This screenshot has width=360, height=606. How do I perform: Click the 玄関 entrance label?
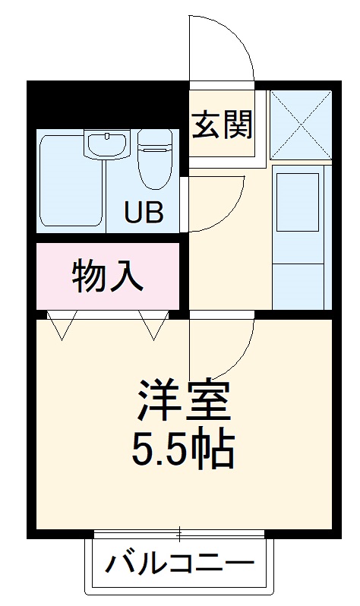tap(221, 125)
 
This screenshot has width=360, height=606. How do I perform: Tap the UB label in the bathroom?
tap(144, 210)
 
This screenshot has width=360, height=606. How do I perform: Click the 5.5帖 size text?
tap(182, 450)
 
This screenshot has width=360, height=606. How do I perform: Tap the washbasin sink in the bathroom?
tap(108, 144)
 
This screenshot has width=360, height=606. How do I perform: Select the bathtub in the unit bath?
tap(70, 181)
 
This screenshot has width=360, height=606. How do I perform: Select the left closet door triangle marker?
tap(61, 325)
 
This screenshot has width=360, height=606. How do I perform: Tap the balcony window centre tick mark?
tap(179, 534)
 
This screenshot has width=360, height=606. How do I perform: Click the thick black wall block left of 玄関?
tap(106, 104)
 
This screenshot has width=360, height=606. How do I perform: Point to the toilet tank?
tap(156, 139)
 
